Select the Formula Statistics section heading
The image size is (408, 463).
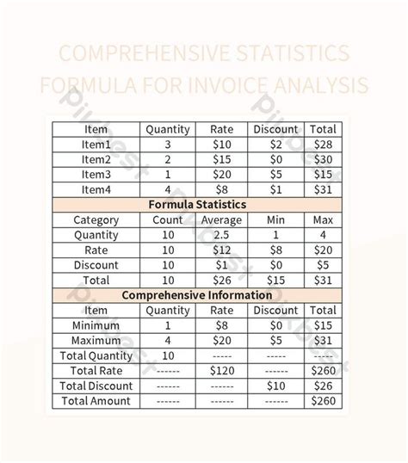coord(197,205)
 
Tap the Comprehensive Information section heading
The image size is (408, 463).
coord(197,295)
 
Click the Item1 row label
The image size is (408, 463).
coord(96,145)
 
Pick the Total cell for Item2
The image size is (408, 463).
coord(323,159)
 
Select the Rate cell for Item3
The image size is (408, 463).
coord(221,175)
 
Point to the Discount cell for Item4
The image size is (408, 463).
coord(275,189)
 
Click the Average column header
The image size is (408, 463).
coord(221,219)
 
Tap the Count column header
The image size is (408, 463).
coord(167,219)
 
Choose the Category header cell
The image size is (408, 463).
coord(96,219)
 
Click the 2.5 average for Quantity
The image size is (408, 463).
coord(221,235)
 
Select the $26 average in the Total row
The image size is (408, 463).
coord(221,280)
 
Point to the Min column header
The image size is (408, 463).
coord(275,219)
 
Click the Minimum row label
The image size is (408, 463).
coord(96,325)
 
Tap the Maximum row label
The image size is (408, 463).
coord(96,340)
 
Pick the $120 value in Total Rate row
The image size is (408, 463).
coord(221,370)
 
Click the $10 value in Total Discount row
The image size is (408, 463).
coord(275,386)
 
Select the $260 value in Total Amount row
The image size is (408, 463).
coord(323,400)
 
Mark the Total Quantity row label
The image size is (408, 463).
coord(96,355)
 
